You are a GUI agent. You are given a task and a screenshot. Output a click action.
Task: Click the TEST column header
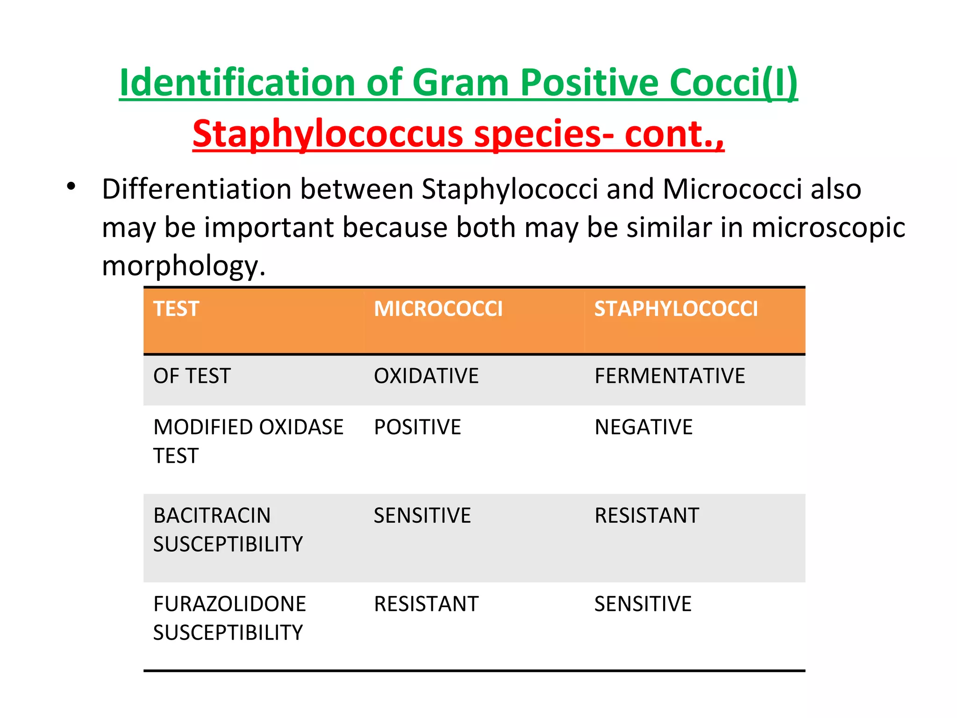(x=176, y=309)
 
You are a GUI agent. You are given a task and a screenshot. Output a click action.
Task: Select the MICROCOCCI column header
(x=438, y=309)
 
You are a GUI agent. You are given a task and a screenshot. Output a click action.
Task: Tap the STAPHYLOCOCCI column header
(x=676, y=309)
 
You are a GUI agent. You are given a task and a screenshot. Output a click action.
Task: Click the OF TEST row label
(x=192, y=376)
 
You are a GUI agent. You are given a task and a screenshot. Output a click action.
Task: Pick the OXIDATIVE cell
(x=426, y=376)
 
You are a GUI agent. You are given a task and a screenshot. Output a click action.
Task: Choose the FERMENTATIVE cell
(x=670, y=376)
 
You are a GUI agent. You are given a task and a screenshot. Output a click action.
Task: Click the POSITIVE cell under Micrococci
(x=417, y=427)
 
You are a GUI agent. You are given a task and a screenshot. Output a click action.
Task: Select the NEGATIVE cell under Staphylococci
(x=643, y=427)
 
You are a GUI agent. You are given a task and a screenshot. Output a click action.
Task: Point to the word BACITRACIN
(x=212, y=516)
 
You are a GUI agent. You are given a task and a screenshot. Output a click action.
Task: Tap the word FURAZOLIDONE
(x=229, y=604)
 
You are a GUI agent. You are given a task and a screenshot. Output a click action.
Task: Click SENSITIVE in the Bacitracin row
(x=422, y=516)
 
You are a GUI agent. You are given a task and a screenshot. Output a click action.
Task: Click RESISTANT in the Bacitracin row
(x=647, y=516)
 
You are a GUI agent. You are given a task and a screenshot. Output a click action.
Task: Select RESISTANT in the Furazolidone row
(x=426, y=604)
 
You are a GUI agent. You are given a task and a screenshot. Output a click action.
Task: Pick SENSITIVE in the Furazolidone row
(x=643, y=604)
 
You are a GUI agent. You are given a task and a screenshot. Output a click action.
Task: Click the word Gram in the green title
(x=460, y=83)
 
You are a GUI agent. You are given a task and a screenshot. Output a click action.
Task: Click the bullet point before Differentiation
(x=71, y=187)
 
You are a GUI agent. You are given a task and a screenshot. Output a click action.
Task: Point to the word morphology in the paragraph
(x=180, y=266)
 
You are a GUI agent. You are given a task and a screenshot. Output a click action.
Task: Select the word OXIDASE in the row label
(x=301, y=427)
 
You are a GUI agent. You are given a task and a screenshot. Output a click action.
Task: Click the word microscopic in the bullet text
(x=828, y=228)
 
